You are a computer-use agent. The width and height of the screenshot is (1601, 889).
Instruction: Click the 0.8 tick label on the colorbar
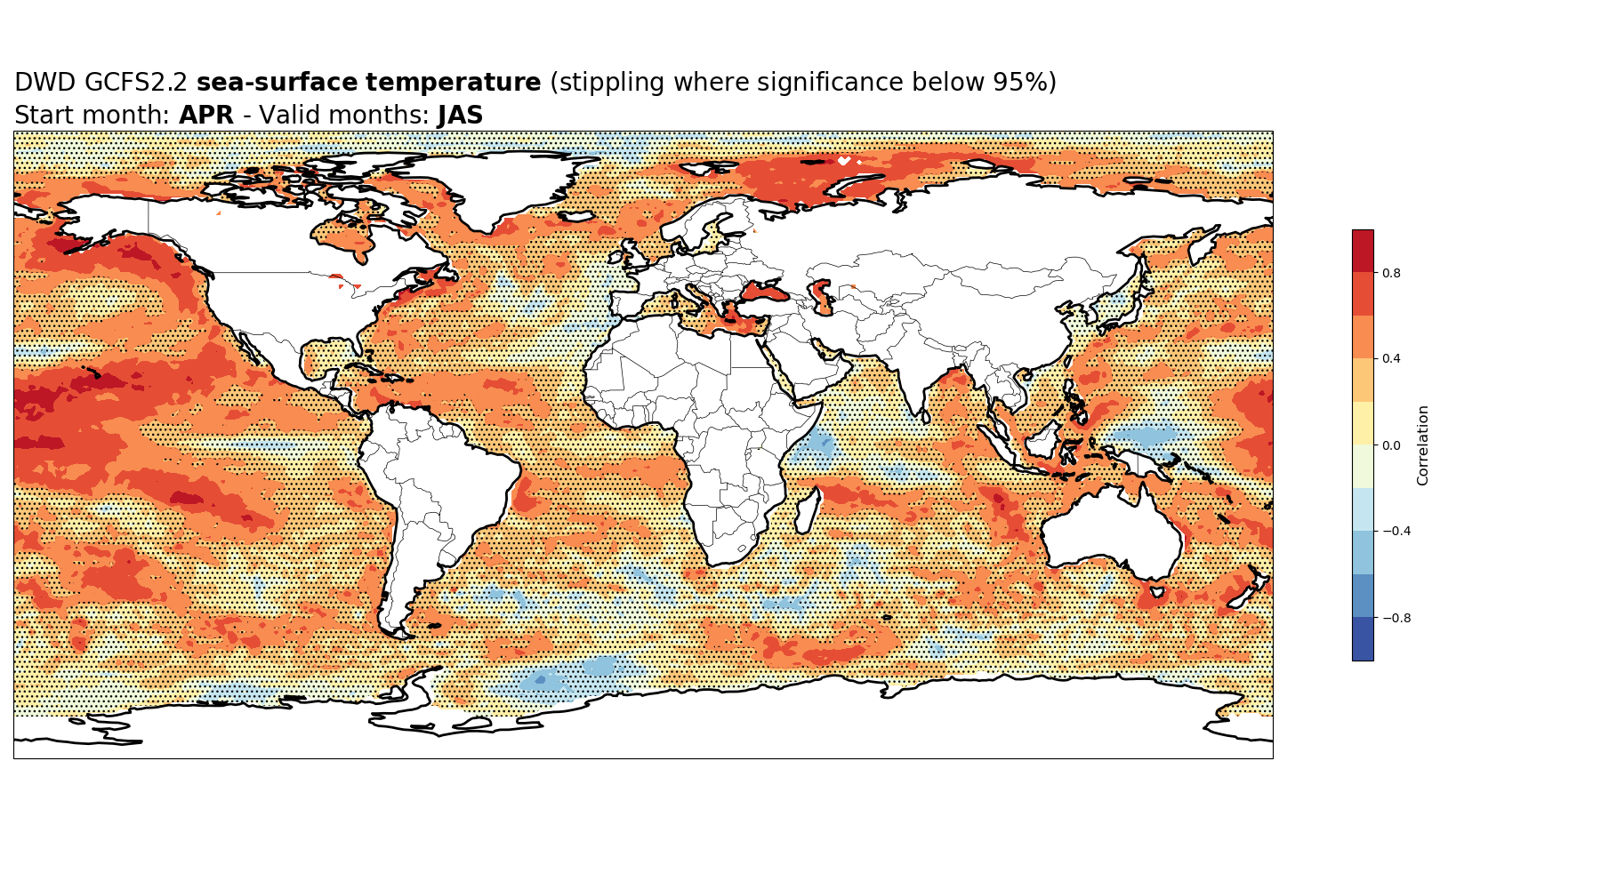click(x=1391, y=273)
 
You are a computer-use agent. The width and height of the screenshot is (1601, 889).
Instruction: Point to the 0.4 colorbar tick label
click(x=1391, y=359)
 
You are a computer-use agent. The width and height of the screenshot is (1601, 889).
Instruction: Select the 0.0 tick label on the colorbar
click(x=1391, y=445)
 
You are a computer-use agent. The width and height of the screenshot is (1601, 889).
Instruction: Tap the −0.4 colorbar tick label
click(x=1396, y=532)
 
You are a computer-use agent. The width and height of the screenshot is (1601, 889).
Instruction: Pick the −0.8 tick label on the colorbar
click(x=1396, y=618)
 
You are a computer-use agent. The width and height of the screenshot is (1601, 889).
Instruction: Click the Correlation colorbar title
click(x=1423, y=445)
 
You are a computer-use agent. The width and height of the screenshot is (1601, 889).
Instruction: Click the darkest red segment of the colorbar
click(x=1363, y=251)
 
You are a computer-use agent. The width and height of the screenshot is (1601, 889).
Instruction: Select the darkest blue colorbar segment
click(x=1363, y=639)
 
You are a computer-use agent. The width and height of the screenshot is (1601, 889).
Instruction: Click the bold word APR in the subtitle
click(x=206, y=116)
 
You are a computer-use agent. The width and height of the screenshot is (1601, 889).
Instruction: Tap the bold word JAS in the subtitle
click(x=461, y=116)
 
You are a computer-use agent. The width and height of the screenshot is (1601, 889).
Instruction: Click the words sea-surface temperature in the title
click(x=368, y=83)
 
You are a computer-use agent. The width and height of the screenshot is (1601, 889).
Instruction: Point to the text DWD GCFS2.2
click(x=101, y=83)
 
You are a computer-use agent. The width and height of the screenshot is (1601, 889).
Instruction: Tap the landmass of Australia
click(x=1112, y=532)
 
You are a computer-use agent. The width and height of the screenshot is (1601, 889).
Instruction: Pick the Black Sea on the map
click(x=764, y=290)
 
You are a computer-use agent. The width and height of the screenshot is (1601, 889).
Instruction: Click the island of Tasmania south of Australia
click(x=1158, y=591)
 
